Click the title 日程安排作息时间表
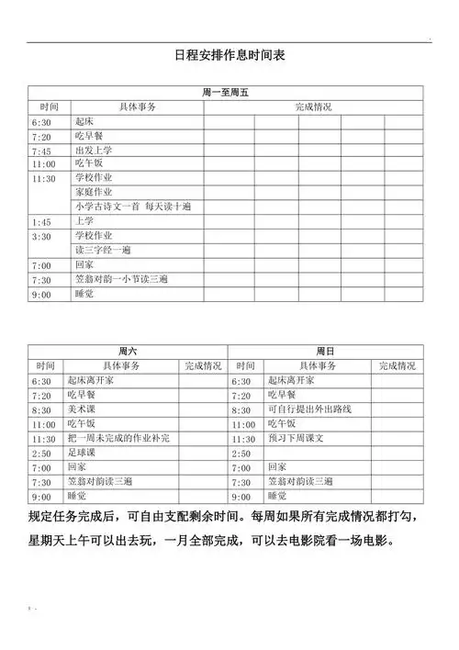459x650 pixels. coord(229,56)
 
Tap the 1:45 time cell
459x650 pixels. coord(41,221)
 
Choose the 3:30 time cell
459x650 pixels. coord(41,236)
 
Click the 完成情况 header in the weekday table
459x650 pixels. coord(313,107)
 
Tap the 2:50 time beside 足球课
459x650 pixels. coord(41,454)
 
